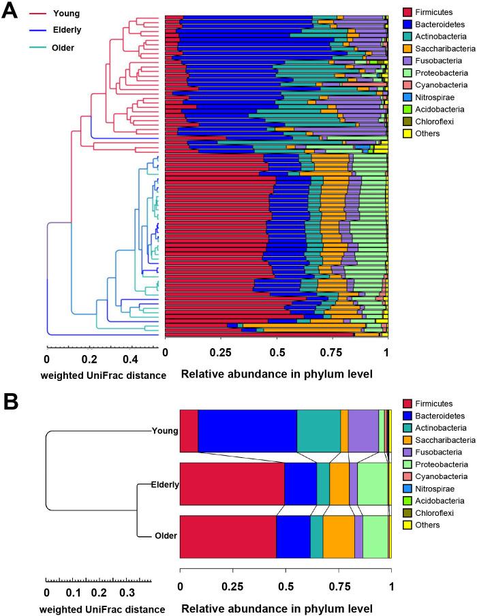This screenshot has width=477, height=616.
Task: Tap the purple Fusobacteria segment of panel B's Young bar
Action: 363,431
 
